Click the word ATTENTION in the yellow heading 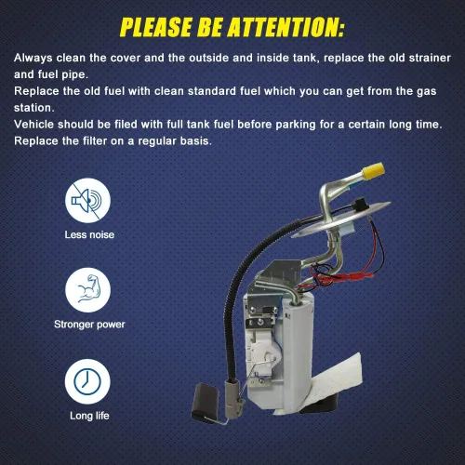(286, 27)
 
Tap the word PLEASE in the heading (156, 27)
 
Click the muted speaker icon (87, 201)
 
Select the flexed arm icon (87, 290)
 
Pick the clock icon (87, 381)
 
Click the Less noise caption (89, 234)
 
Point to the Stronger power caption (89, 325)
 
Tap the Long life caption (89, 416)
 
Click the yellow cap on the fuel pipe (374, 171)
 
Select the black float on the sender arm (205, 401)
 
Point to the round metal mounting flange (341, 219)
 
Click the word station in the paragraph (34, 108)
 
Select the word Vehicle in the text (33, 125)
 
